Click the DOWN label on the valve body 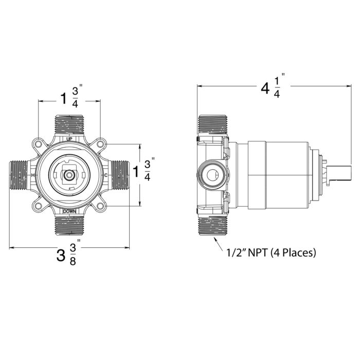coord(69,211)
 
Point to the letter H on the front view coord(33,175)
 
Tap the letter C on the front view coord(106,175)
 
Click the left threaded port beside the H coord(20,175)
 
